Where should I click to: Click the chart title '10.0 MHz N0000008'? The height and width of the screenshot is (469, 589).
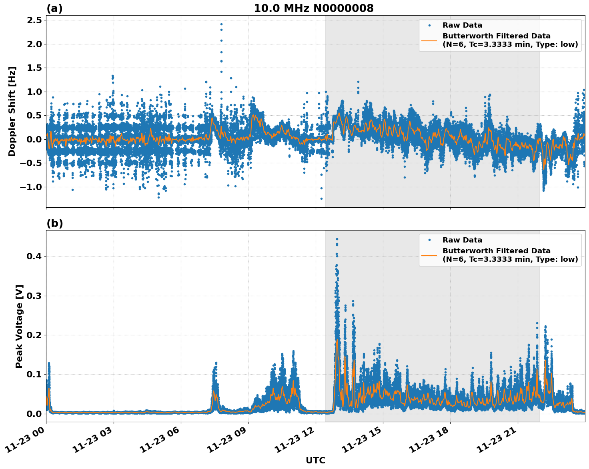313,8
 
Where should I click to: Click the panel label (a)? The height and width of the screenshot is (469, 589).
54,8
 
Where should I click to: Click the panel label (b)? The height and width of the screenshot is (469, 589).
54,223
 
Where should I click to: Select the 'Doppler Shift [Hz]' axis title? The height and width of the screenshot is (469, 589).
12,111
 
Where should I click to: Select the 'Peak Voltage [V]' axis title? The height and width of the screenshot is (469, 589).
19,326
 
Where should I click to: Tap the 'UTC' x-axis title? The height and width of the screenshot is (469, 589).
315,460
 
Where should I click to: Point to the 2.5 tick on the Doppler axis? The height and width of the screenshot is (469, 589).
34,20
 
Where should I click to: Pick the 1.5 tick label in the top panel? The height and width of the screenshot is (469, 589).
34,68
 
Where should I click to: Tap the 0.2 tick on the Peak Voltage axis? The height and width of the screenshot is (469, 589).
34,335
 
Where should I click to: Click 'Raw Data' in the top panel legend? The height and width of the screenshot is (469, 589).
462,25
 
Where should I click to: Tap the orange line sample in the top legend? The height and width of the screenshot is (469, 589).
429,40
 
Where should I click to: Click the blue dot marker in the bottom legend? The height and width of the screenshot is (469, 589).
429,240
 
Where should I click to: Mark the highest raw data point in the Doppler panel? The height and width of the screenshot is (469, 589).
221,24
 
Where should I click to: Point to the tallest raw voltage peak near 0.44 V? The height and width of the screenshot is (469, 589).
337,239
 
